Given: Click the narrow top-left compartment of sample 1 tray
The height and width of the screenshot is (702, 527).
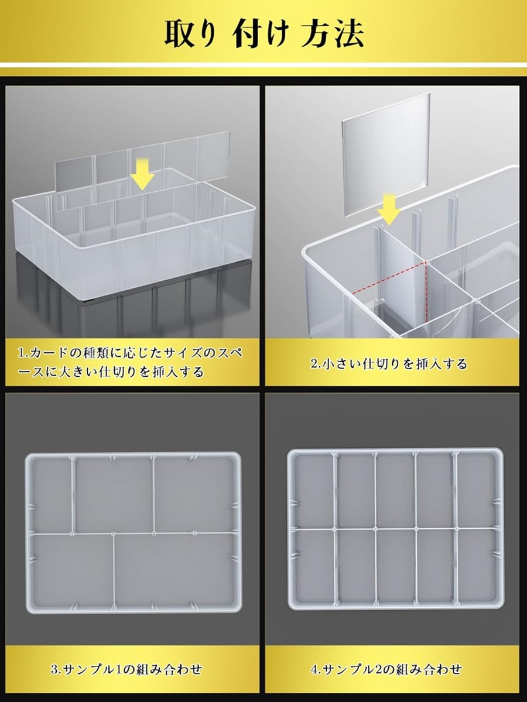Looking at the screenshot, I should pyautogui.click(x=50, y=494).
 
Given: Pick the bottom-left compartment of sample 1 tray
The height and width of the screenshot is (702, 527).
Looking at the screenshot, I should pyautogui.click(x=70, y=570).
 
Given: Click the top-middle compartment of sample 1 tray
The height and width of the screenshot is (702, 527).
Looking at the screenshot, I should pyautogui.click(x=114, y=494).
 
